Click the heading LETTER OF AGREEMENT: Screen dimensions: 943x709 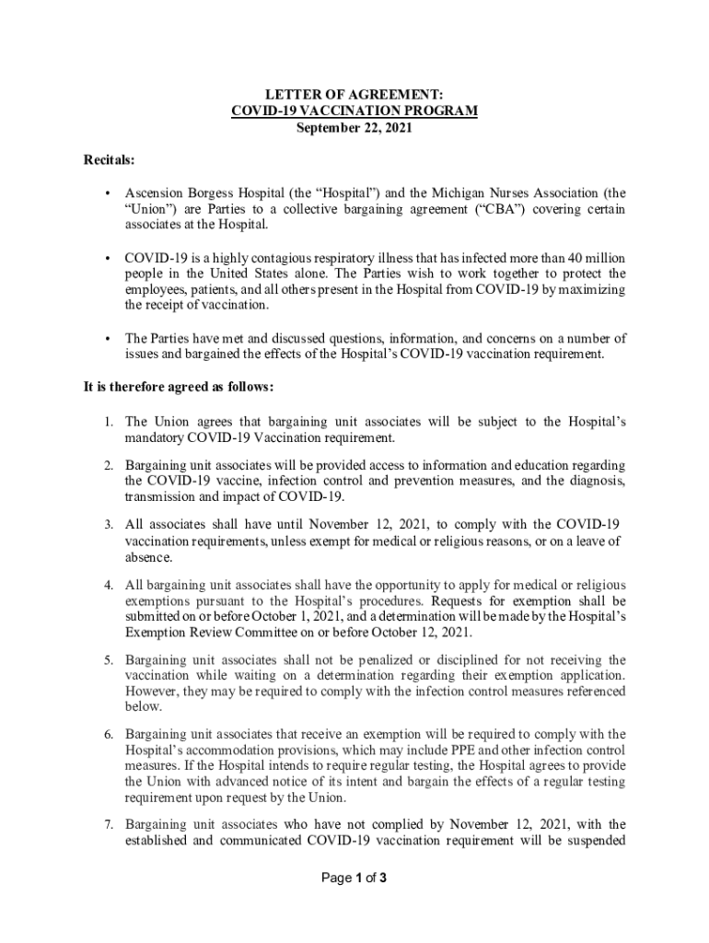[x=354, y=95]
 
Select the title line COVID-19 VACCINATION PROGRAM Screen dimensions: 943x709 [x=354, y=111]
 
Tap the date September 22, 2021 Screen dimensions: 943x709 [x=354, y=128]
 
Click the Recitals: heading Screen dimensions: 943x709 [x=110, y=160]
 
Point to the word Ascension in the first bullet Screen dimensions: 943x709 [x=155, y=193]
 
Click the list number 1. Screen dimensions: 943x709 [x=108, y=422]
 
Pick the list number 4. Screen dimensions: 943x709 [x=108, y=585]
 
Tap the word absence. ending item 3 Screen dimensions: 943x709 [x=149, y=557]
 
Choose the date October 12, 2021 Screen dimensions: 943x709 [x=423, y=633]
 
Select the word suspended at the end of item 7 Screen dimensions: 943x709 [x=596, y=840]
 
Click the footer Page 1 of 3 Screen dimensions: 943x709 [x=354, y=879]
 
